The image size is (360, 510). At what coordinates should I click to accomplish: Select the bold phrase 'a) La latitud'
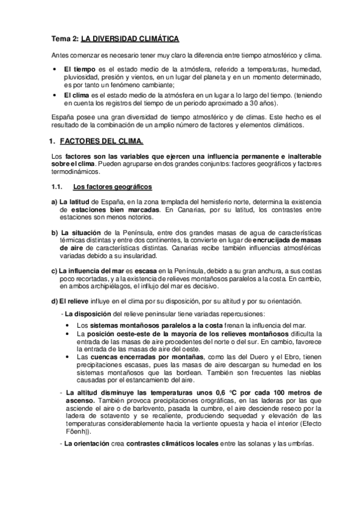pos(71,202)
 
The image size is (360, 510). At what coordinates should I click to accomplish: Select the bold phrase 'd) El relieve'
pos(72,300)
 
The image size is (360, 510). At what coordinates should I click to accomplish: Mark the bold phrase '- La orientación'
pos(87,443)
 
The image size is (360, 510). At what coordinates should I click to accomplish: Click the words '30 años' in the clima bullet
pos(262,103)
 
